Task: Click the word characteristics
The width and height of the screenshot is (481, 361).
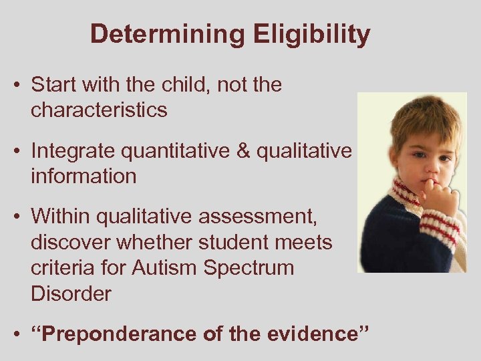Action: click(99, 110)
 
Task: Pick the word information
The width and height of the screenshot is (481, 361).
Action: click(84, 176)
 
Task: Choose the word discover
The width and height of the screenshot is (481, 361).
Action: click(72, 243)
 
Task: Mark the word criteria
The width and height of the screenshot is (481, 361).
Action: click(64, 267)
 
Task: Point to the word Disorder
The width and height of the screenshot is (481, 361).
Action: click(71, 293)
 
